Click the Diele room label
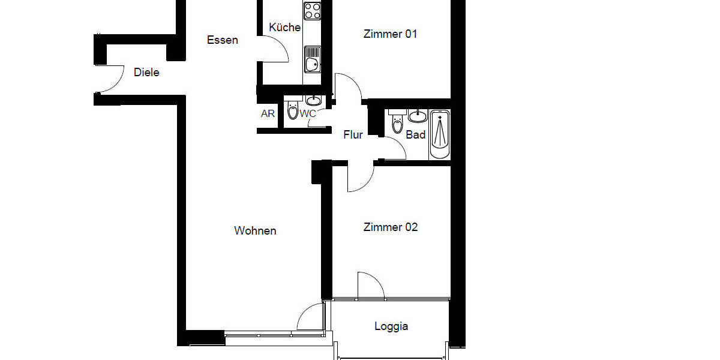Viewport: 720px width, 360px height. [x=146, y=73]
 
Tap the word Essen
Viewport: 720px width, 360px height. [x=223, y=40]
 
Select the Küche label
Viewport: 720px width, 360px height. [x=284, y=28]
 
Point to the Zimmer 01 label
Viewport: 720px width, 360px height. [x=390, y=34]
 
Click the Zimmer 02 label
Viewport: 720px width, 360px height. [x=391, y=227]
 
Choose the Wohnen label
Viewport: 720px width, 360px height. [x=255, y=231]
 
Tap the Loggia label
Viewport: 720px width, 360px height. [x=391, y=326]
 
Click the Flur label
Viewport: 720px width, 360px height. [x=353, y=135]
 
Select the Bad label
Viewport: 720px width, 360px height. [x=416, y=135]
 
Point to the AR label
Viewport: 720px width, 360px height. [x=268, y=113]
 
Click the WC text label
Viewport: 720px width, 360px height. [x=308, y=113]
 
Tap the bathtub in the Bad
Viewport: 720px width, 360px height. [x=440, y=134]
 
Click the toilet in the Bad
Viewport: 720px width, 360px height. [x=397, y=122]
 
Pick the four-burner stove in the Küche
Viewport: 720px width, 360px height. [x=312, y=10]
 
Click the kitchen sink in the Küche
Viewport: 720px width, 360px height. [x=312, y=63]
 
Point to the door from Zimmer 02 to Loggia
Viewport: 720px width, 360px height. [x=370, y=286]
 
